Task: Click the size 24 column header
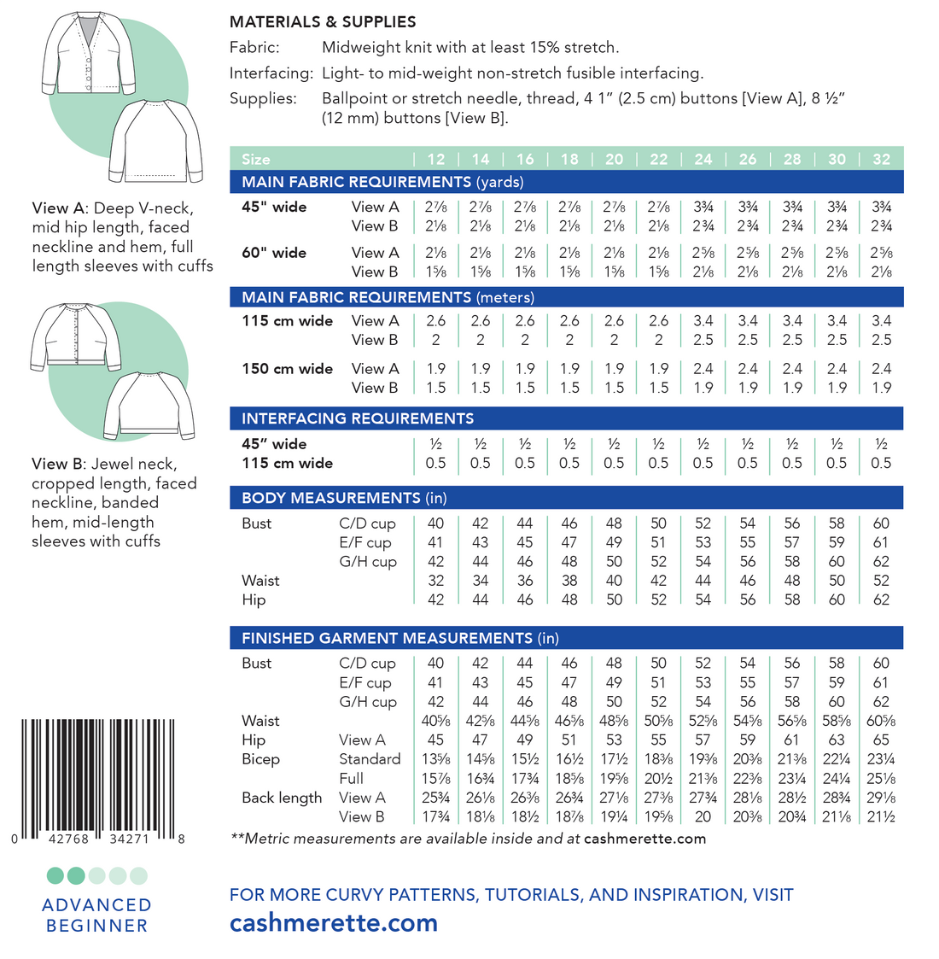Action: [703, 159]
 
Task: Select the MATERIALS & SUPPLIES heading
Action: [323, 22]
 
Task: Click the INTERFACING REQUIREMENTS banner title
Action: [358, 418]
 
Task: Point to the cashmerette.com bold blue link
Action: [334, 923]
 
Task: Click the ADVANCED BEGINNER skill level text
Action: [96, 915]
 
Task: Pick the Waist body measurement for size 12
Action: [435, 581]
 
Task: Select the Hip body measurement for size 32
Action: [881, 599]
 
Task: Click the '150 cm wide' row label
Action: [287, 369]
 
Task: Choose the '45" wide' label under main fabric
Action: [274, 207]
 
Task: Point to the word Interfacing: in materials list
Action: [271, 73]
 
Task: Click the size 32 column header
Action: [881, 159]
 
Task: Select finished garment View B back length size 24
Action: [703, 816]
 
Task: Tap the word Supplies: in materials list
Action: [263, 98]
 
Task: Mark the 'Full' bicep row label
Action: [351, 778]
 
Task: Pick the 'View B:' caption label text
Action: [59, 464]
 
